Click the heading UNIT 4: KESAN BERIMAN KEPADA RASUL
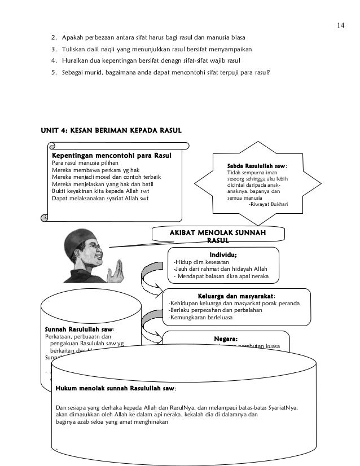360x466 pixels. point(111,131)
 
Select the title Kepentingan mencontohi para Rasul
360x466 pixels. point(111,155)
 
